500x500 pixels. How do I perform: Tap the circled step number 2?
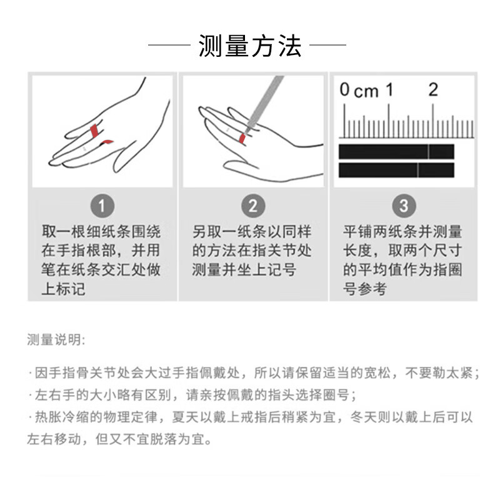pyautogui.click(x=252, y=206)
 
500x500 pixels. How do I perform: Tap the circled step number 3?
pyautogui.click(x=403, y=206)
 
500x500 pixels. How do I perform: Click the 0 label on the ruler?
pyautogui.click(x=344, y=90)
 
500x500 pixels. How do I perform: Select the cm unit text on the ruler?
pyautogui.click(x=366, y=92)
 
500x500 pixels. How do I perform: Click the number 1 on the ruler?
pyautogui.click(x=389, y=90)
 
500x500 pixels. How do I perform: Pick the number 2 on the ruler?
pyautogui.click(x=432, y=90)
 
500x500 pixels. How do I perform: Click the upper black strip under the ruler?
pyautogui.click(x=396, y=151)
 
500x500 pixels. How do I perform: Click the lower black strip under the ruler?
pyautogui.click(x=396, y=169)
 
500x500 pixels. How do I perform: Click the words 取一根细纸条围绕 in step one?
pyautogui.click(x=101, y=232)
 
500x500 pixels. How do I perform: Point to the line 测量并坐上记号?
pyautogui.click(x=244, y=270)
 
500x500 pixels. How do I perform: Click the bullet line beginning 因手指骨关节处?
pyautogui.click(x=253, y=373)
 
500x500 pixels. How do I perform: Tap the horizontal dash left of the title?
pyautogui.click(x=169, y=46)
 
